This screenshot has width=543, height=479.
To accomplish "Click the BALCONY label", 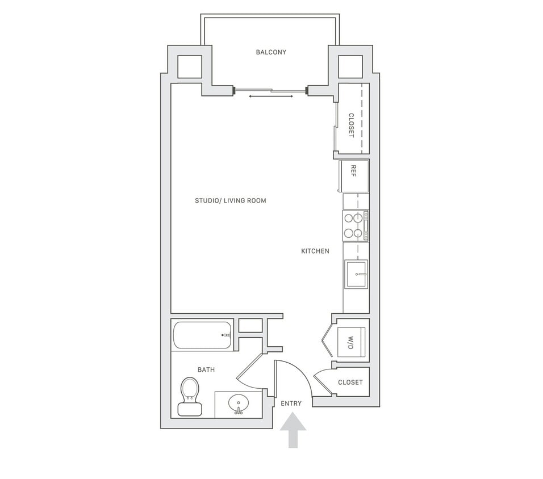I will coord(271,52).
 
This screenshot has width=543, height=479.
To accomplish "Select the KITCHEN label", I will coord(315,251).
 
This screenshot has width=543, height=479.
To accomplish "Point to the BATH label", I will coord(206,370).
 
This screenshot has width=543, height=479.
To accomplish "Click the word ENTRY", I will coord(291,404).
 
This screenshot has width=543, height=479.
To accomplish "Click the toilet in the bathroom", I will coord(190,396).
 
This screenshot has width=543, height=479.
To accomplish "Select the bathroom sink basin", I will coord(239,404).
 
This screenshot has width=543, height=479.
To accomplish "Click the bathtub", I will coord(202,335).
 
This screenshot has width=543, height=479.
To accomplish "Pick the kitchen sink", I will coord(356,274).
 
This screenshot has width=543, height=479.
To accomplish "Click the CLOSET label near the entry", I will coord(350,383).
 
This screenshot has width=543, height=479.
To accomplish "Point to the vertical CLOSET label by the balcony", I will coord(351,125).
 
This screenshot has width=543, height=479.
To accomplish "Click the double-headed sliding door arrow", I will coord(271,96).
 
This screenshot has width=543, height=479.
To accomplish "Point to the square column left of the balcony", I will coord(189,67).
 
